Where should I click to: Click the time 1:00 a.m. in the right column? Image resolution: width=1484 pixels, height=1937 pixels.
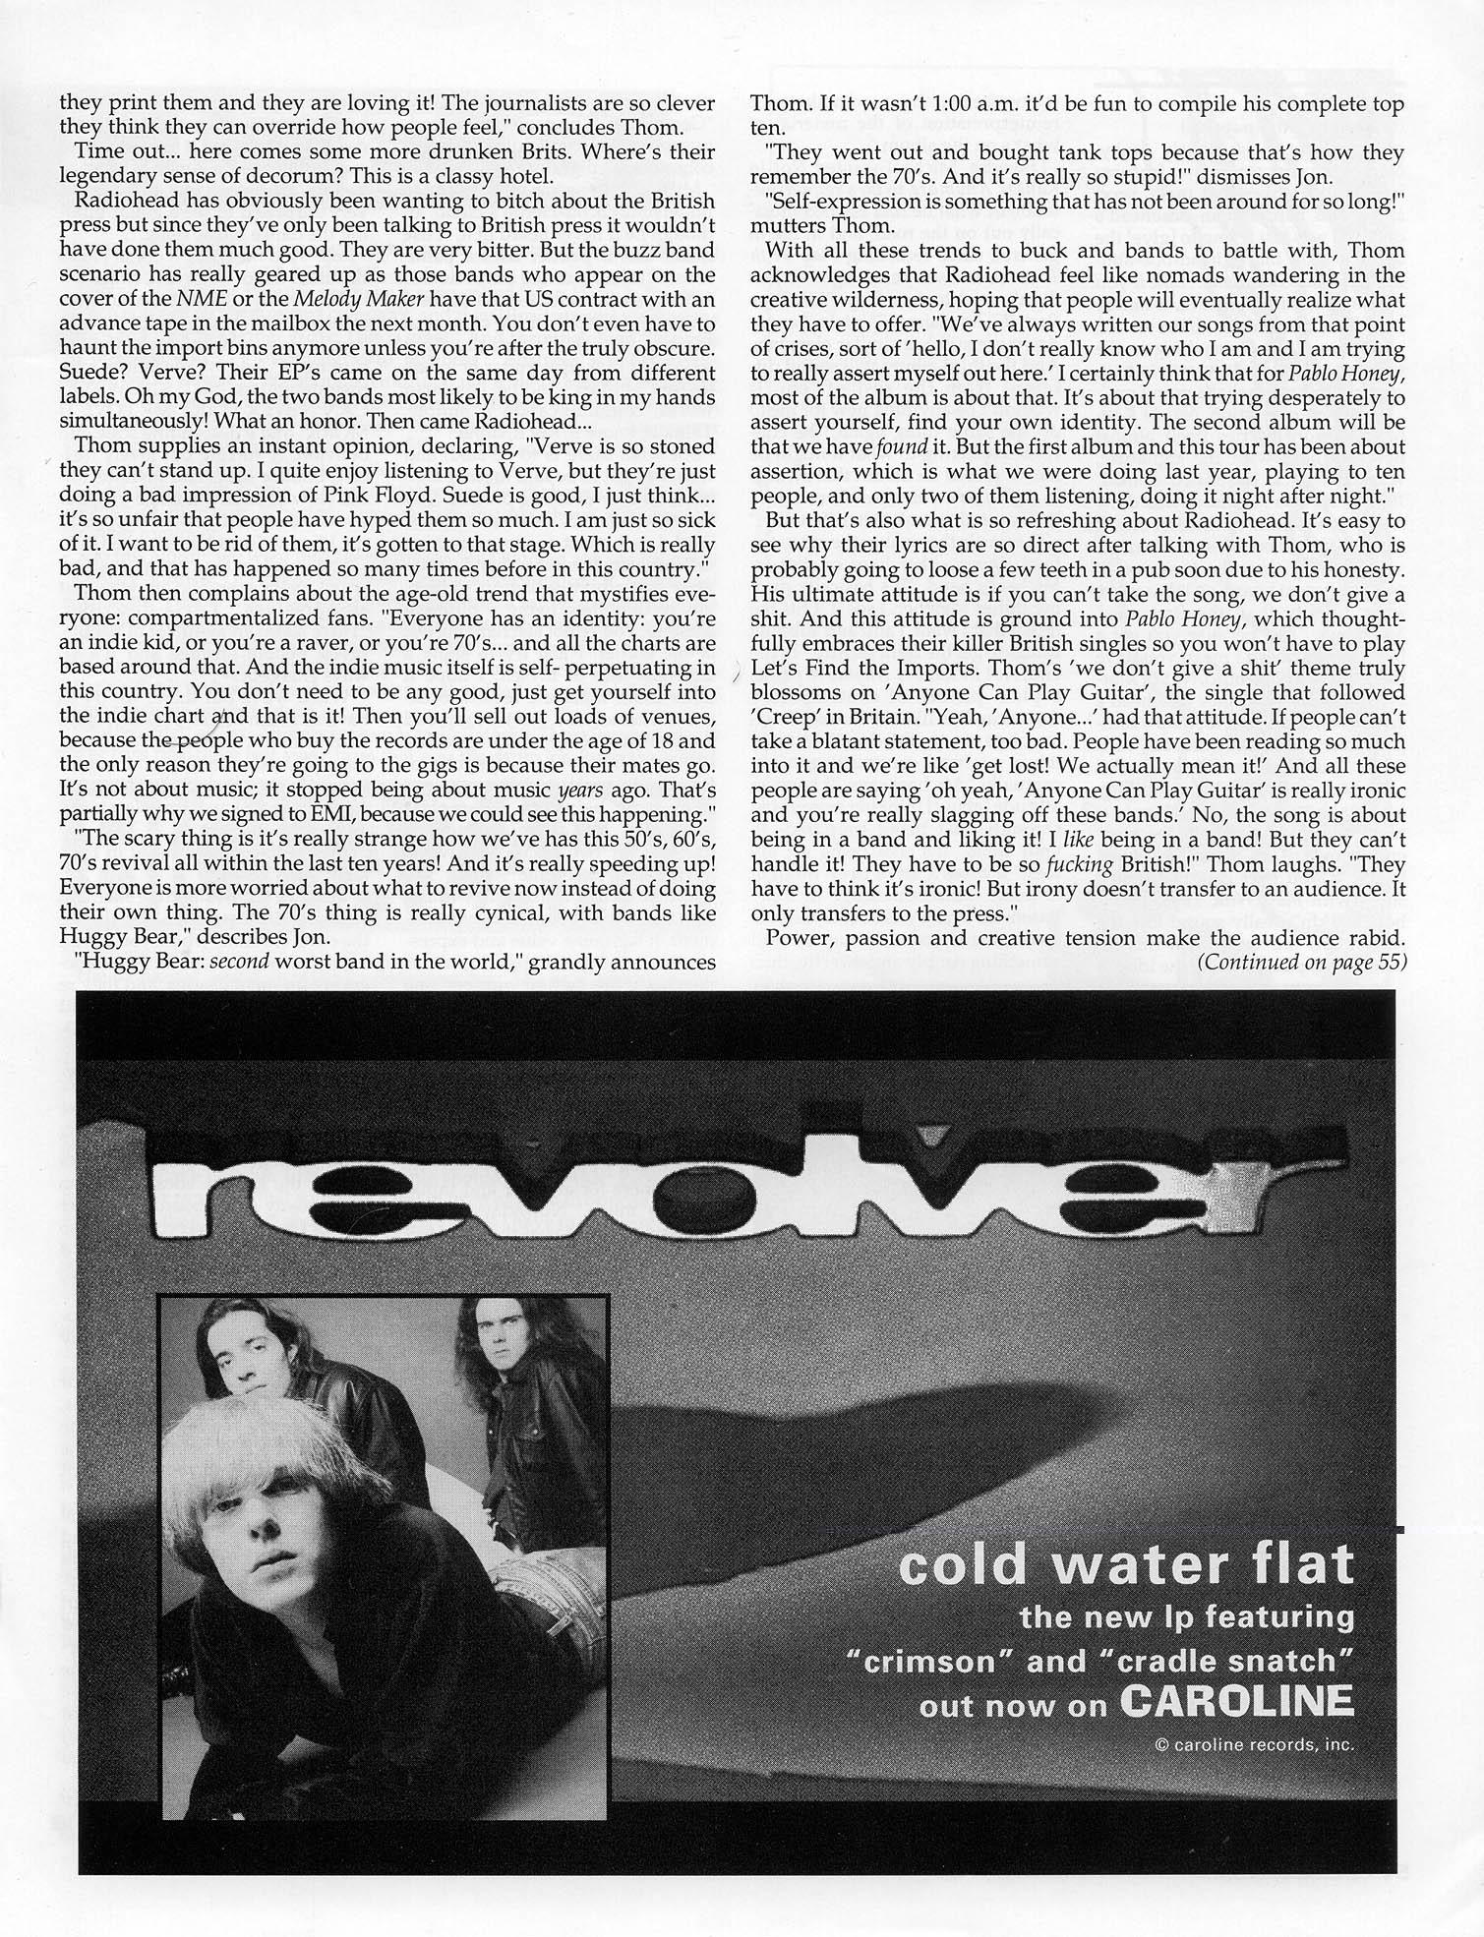click(996, 104)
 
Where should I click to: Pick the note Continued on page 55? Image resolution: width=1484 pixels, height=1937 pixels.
click(1302, 962)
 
